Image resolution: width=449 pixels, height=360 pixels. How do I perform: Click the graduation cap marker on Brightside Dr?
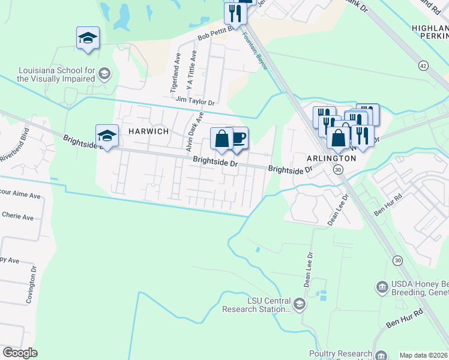[x=107, y=136]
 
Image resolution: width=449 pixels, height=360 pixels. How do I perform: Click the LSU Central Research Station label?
[x=256, y=305]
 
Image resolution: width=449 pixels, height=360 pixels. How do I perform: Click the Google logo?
[x=20, y=353]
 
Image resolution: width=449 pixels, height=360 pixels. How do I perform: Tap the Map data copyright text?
[x=423, y=355]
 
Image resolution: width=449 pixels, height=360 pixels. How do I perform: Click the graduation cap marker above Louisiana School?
[x=88, y=38]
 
